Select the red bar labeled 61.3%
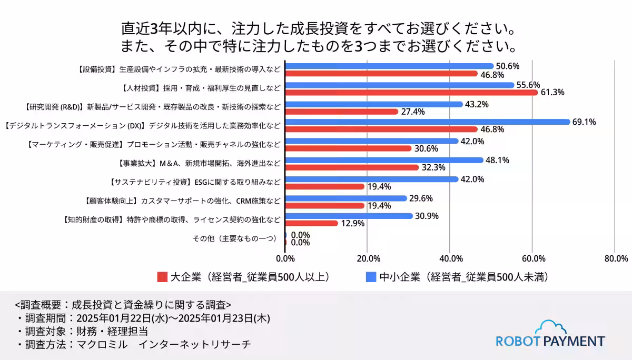click(411, 92)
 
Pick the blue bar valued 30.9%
click(349, 216)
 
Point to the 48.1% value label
click(498, 161)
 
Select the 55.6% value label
click(529, 85)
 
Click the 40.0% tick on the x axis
click(451, 258)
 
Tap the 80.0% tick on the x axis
click(616, 258)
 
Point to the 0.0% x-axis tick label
click(285, 258)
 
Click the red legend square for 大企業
click(162, 277)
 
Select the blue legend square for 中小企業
click(371, 277)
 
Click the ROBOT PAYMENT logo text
click(550, 341)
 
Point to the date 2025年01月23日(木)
click(225, 318)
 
